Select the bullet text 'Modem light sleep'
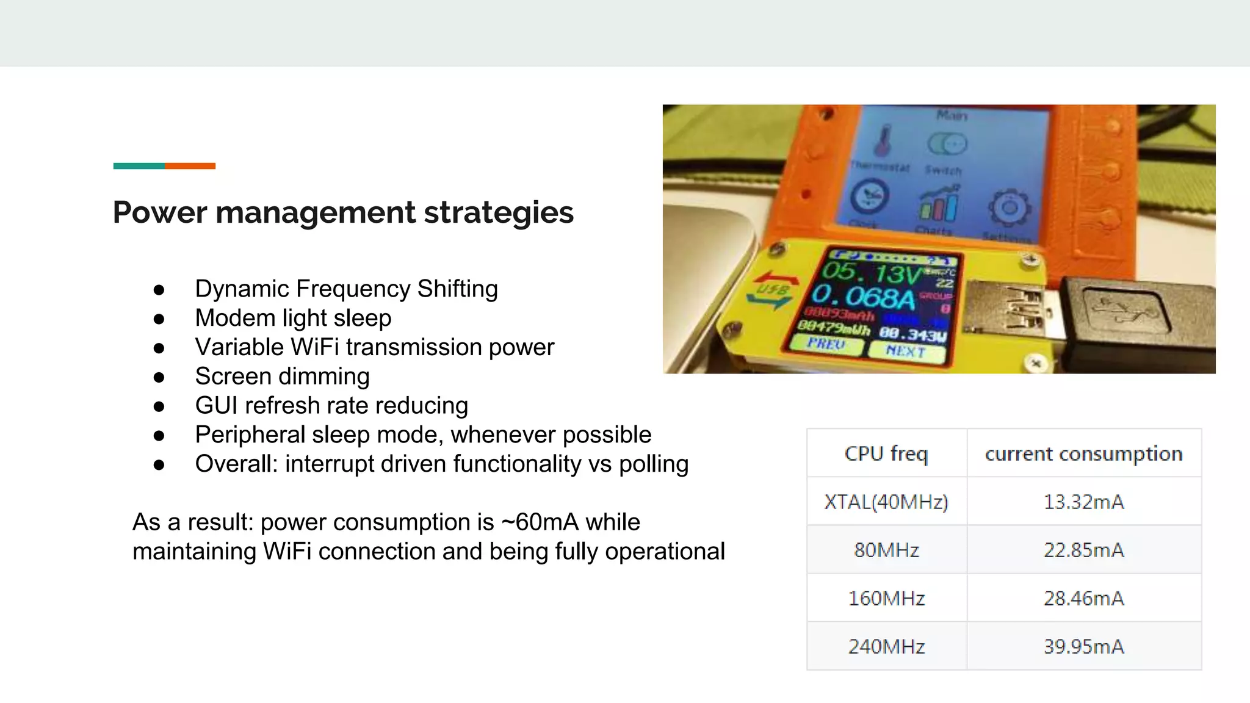click(x=293, y=318)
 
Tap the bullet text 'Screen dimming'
click(x=282, y=377)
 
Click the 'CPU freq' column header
click(x=886, y=453)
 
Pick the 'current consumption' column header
click(x=1083, y=453)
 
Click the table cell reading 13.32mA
click(x=1083, y=502)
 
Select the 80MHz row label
click(x=886, y=550)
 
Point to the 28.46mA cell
click(x=1083, y=598)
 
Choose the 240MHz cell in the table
click(x=886, y=646)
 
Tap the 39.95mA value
click(x=1083, y=646)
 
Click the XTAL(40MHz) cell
click(x=886, y=502)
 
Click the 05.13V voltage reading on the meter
click(x=870, y=272)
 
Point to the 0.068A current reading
click(x=863, y=297)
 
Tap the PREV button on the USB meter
click(x=826, y=344)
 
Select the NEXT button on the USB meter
click(x=906, y=351)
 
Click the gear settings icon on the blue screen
click(x=1010, y=208)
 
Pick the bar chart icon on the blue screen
click(x=938, y=204)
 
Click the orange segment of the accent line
click(x=190, y=166)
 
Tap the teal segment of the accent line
click(x=139, y=166)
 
